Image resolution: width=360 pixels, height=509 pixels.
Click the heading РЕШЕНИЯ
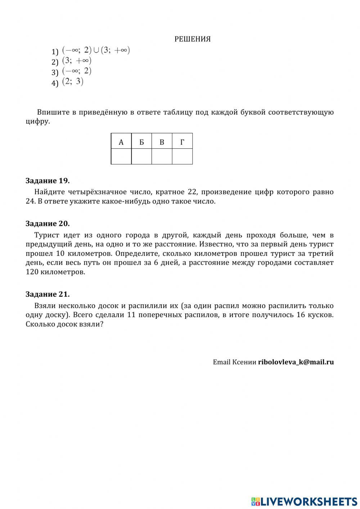tap(192, 39)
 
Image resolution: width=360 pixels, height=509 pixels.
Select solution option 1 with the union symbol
tap(96, 50)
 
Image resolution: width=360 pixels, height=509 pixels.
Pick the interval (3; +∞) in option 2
tap(77, 61)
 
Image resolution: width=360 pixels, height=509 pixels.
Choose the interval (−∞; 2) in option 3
tap(77, 71)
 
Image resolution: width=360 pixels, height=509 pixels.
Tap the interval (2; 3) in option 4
tap(73, 82)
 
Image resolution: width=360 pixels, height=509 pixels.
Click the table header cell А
tap(121, 142)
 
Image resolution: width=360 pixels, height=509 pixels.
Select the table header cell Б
tap(141, 142)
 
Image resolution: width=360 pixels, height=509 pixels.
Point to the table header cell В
tap(162, 142)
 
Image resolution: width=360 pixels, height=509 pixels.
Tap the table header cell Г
tap(182, 142)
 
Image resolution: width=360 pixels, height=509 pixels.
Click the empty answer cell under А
tap(121, 156)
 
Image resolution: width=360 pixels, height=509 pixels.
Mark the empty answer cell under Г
tap(182, 156)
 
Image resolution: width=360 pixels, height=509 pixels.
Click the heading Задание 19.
tap(48, 180)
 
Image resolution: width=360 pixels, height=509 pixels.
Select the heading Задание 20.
tap(48, 223)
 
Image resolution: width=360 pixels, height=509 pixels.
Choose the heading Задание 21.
tap(48, 294)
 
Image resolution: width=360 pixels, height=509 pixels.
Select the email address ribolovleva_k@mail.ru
tap(296, 362)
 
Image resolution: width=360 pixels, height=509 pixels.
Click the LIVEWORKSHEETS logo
tap(304, 501)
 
